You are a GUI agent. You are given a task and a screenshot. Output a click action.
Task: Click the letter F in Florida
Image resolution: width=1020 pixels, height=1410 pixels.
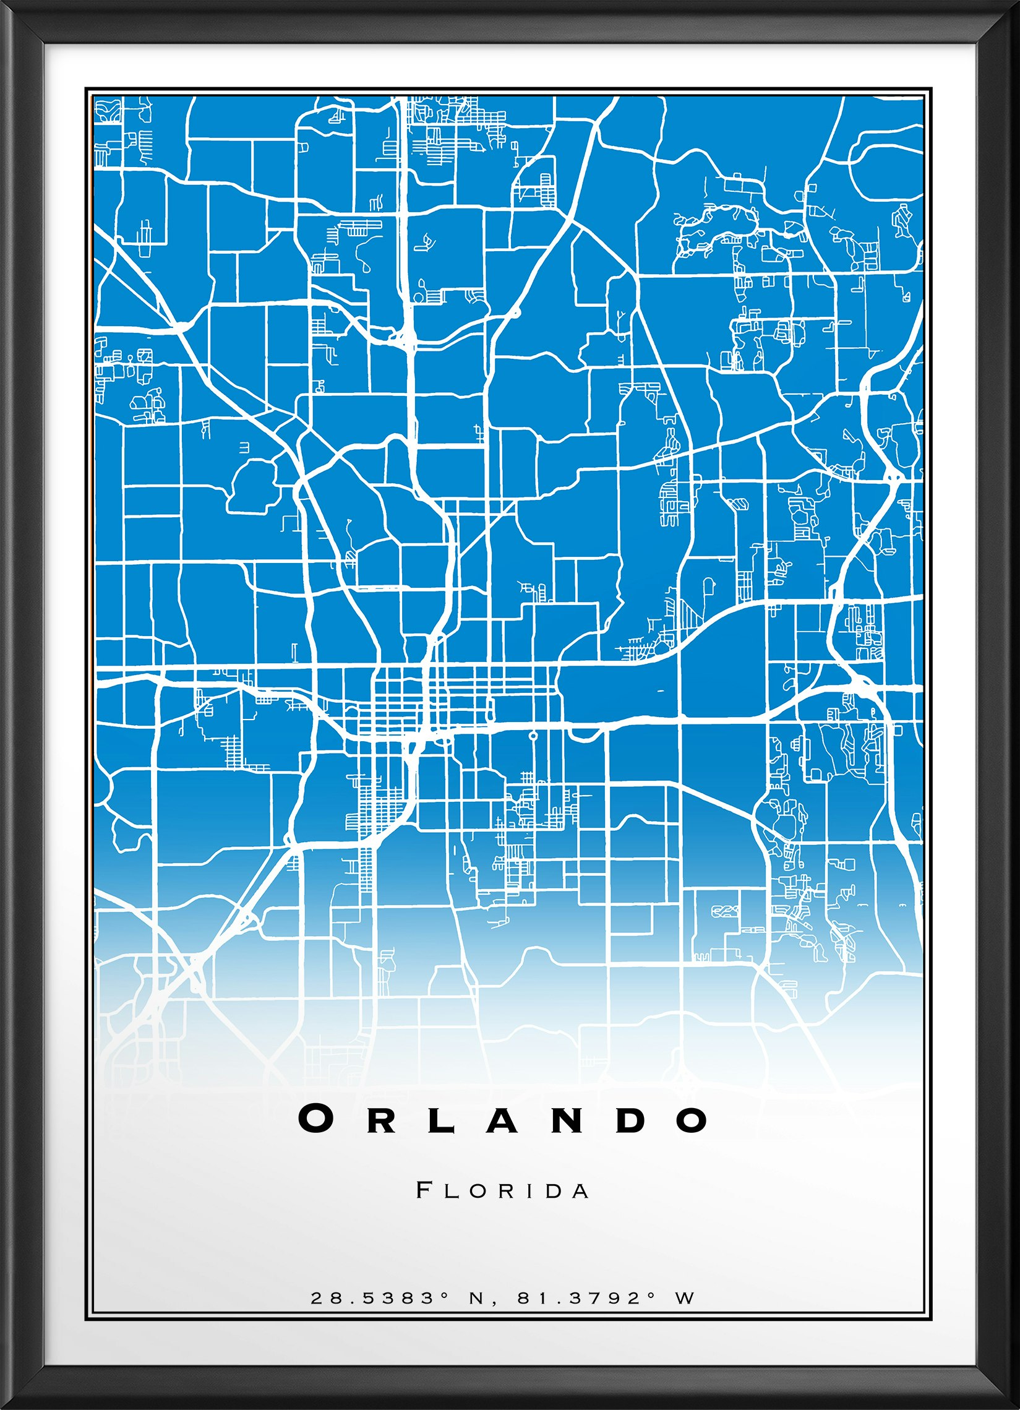(x=424, y=1190)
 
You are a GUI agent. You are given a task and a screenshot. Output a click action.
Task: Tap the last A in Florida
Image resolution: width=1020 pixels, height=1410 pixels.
(x=581, y=1191)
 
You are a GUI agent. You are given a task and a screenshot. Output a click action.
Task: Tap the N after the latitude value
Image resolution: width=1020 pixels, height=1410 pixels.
(x=476, y=1298)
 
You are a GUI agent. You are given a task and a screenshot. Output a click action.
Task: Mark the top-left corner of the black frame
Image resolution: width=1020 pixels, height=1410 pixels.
(x=5, y=5)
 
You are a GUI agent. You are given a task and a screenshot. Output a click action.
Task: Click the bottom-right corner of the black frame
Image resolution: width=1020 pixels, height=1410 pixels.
(x=1014, y=1404)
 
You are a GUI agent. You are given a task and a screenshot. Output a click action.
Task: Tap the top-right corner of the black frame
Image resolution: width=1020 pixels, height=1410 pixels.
(x=1014, y=5)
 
